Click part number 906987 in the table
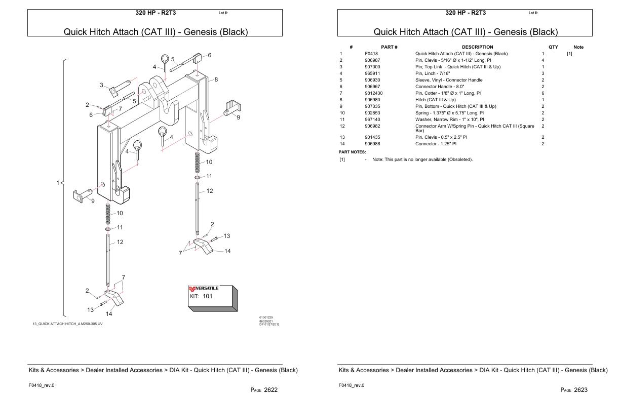coord(372,60)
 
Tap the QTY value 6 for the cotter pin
coord(543,93)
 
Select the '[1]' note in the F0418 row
coord(570,54)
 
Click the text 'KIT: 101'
coord(201,296)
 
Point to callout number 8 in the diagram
coord(216,79)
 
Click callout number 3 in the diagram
coord(101,85)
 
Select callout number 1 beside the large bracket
coord(58,182)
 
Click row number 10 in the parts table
coord(342,113)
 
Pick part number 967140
coord(372,119)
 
